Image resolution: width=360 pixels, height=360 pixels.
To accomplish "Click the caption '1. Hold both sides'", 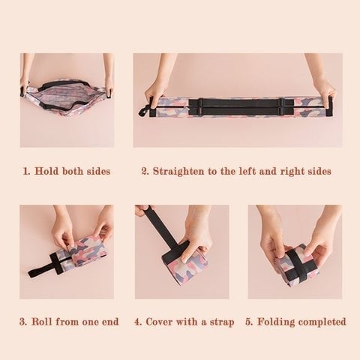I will (x=66, y=171).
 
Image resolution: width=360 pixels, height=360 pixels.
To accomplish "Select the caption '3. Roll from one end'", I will (x=70, y=322).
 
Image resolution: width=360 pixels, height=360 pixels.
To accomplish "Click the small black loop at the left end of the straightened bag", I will (x=144, y=112).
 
